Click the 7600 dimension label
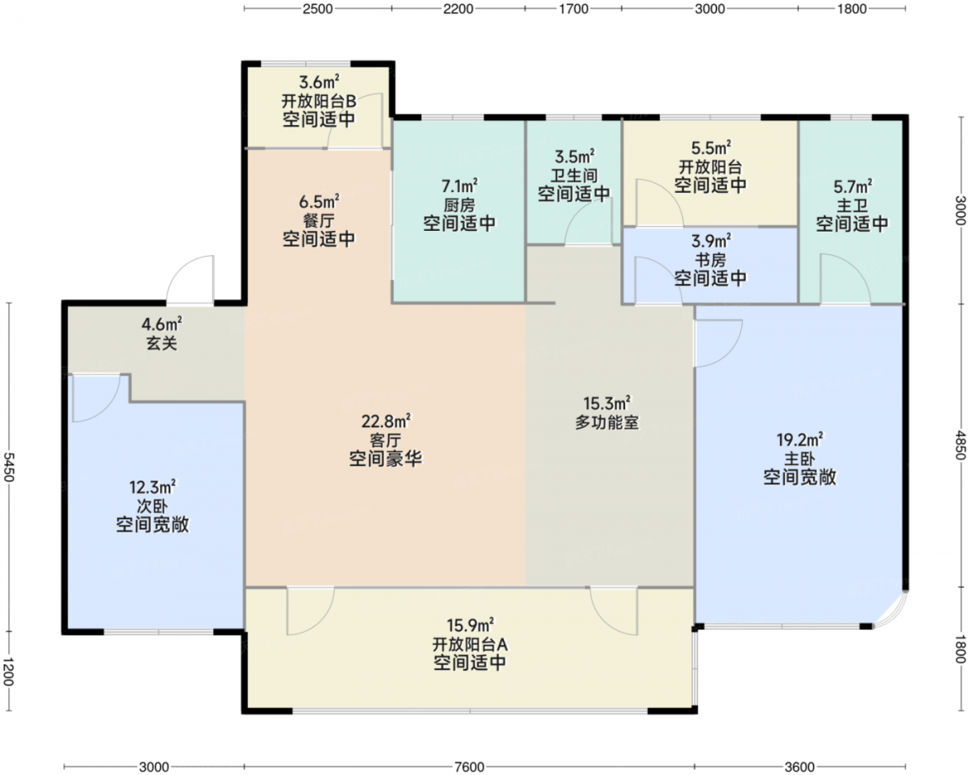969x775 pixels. pyautogui.click(x=469, y=766)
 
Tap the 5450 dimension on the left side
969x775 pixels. pyautogui.click(x=9, y=467)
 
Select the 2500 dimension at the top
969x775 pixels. pyautogui.click(x=317, y=9)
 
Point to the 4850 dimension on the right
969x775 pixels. pyautogui.click(x=960, y=445)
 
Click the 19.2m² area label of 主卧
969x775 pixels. pyautogui.click(x=799, y=439)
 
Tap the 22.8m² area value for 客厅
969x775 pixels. pyautogui.click(x=385, y=421)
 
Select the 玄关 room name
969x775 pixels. pyautogui.click(x=161, y=344)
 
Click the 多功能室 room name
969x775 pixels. pyautogui.click(x=606, y=422)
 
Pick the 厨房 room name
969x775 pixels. pyautogui.click(x=459, y=205)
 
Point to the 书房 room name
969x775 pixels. pyautogui.click(x=711, y=260)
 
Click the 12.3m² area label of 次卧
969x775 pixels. pyautogui.click(x=153, y=488)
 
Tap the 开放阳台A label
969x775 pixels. pyautogui.click(x=470, y=645)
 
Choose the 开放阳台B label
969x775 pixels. pyautogui.click(x=319, y=101)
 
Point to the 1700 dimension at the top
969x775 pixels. pyautogui.click(x=573, y=9)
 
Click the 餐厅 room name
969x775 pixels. pyautogui.click(x=319, y=220)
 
